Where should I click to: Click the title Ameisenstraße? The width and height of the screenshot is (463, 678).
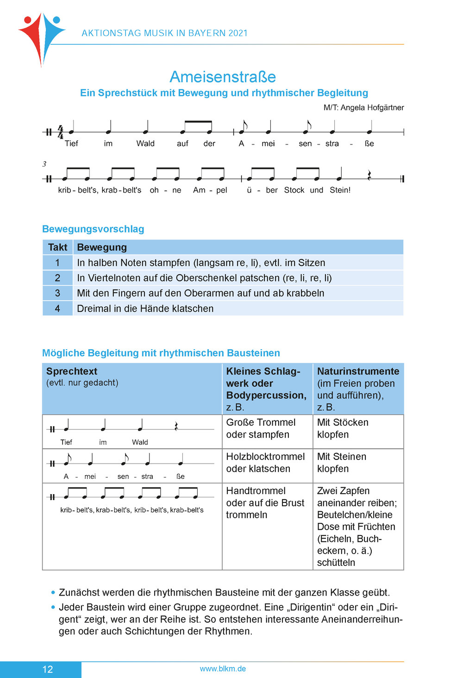(223, 77)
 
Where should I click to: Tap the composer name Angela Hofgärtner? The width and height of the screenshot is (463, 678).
(372, 108)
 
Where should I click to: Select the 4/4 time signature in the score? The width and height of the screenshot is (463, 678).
(60, 132)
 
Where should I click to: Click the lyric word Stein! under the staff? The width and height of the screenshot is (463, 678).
(340, 190)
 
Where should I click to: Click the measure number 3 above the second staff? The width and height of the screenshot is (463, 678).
(44, 164)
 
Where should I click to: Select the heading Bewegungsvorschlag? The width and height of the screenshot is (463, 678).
(93, 229)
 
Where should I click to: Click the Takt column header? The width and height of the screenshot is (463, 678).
(57, 247)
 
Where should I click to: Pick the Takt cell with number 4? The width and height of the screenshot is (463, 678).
(57, 308)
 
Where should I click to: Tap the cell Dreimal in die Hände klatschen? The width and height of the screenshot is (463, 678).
(145, 308)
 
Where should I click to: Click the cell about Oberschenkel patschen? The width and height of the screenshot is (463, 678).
(204, 278)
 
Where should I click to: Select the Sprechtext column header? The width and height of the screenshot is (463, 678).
(72, 371)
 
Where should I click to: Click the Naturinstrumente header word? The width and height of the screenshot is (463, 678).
(358, 371)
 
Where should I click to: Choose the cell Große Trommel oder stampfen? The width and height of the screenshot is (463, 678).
(261, 428)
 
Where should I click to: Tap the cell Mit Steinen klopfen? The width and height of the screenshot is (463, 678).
(342, 463)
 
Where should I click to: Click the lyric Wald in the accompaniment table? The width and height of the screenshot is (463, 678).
(140, 442)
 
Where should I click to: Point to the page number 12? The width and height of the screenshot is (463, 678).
(48, 669)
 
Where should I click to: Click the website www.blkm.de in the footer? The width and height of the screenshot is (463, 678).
(223, 669)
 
